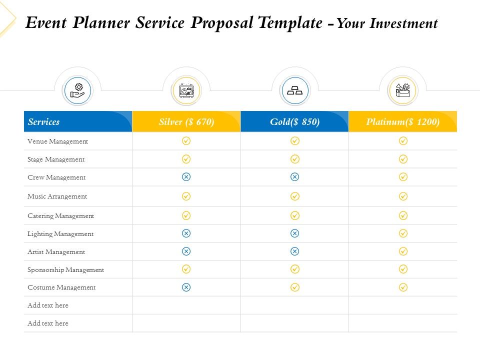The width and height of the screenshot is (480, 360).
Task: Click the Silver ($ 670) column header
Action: (186, 122)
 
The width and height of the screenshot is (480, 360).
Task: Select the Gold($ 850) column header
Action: (294, 122)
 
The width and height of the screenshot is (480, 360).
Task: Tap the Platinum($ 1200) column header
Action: (402, 122)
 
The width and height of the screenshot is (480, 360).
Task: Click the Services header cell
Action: (44, 122)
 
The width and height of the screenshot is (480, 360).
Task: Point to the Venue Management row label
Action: (57, 141)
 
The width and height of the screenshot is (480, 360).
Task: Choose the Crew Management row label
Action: (56, 177)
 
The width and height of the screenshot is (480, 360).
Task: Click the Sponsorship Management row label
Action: (65, 270)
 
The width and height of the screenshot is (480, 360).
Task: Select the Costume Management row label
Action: (61, 287)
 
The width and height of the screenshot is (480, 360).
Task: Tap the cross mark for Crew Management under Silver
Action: (186, 177)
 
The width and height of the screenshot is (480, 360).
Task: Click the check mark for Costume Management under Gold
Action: (295, 287)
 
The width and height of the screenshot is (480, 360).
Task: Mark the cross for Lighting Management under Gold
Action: (295, 233)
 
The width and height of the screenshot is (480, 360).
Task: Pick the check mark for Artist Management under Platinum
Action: (403, 251)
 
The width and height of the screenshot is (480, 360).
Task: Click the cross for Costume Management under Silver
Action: (186, 287)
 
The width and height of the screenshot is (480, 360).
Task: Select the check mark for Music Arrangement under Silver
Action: (186, 196)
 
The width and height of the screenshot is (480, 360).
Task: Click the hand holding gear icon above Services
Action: (77, 90)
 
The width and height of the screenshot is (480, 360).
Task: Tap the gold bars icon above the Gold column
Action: (295, 91)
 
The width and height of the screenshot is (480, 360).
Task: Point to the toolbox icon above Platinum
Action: (402, 91)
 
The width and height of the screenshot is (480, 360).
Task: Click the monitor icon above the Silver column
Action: (186, 91)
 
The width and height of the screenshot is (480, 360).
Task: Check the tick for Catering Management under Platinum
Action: (403, 215)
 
